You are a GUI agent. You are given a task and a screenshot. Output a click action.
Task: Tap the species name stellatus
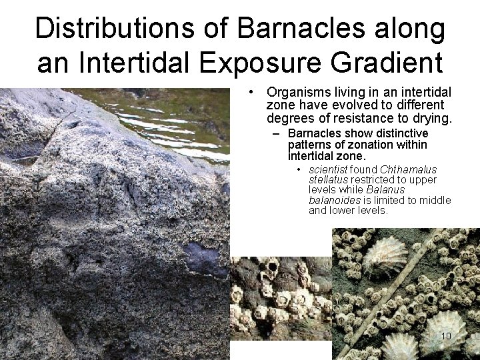[x=328, y=180]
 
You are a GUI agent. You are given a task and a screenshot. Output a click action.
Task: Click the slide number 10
[x=446, y=335]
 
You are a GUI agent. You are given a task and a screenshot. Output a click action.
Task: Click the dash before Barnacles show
[x=275, y=133]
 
